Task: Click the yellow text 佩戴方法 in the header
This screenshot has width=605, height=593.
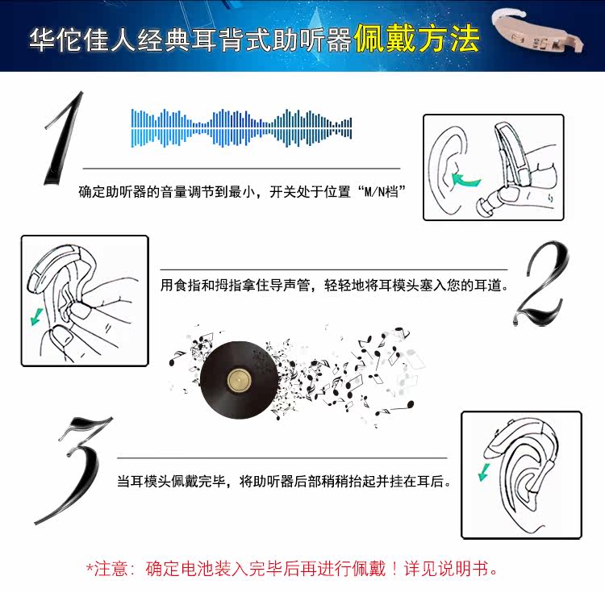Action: pos(417,39)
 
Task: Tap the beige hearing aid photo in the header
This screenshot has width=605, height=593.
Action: pos(537,33)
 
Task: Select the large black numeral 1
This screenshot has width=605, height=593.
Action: pos(64,138)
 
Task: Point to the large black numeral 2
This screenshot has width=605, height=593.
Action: pos(541,283)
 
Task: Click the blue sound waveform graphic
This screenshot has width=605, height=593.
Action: pos(241,128)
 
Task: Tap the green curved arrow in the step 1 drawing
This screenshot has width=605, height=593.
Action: pos(465,179)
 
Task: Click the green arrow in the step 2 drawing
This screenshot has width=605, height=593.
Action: pos(36,316)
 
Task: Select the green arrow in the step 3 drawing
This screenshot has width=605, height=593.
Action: pos(484,472)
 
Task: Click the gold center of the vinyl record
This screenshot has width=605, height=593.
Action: pos(239,380)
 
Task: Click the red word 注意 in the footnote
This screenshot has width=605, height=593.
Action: pos(111,569)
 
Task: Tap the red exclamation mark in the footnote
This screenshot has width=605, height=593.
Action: pos(394,569)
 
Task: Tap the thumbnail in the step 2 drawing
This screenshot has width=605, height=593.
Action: pos(62,337)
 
